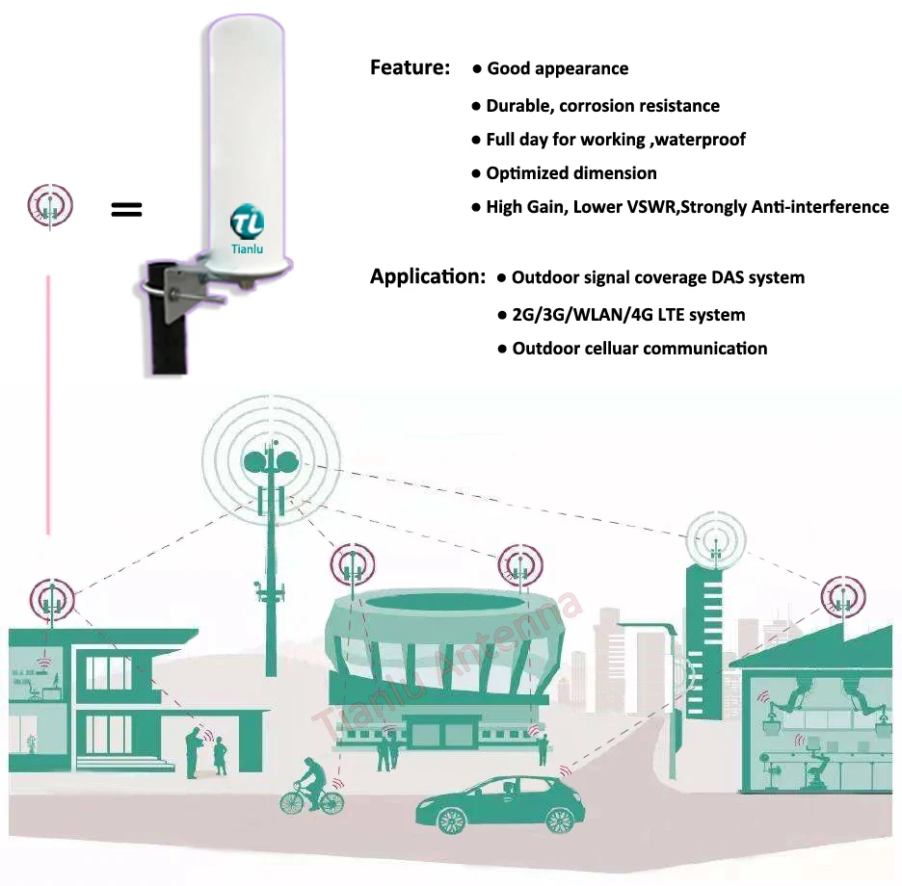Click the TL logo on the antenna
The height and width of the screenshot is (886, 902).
pyautogui.click(x=247, y=222)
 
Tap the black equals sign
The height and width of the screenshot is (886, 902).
pyautogui.click(x=126, y=209)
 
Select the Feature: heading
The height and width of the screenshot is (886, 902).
pyautogui.click(x=410, y=68)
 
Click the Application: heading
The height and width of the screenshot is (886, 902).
pyautogui.click(x=427, y=277)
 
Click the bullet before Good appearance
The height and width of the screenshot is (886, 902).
pyautogui.click(x=477, y=69)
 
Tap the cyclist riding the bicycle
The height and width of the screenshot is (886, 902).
pyautogui.click(x=309, y=776)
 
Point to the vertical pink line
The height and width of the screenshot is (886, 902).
pyautogui.click(x=46, y=404)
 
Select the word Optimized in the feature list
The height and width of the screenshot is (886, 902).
pyautogui.click(x=527, y=173)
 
